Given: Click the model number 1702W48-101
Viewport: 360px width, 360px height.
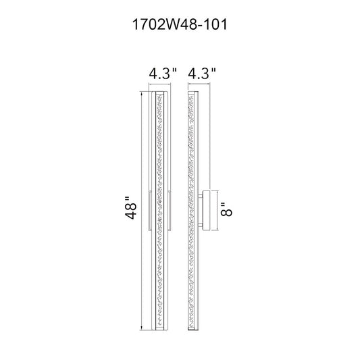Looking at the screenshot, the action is click(x=180, y=24).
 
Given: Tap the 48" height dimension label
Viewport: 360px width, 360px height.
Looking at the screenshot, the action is click(x=131, y=208).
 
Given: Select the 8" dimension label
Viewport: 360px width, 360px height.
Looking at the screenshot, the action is click(x=226, y=209).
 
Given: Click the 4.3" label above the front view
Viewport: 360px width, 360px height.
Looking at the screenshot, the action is click(x=163, y=74).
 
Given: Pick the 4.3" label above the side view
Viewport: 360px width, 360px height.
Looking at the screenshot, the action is click(x=202, y=74).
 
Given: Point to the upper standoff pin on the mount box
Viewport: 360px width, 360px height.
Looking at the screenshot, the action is click(x=200, y=197).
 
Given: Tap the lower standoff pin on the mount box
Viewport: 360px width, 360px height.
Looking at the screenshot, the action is click(x=200, y=224).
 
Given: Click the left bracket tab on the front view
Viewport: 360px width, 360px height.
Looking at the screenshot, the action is click(x=150, y=210).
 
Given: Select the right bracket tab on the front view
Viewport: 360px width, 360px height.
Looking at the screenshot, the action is click(x=170, y=210).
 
